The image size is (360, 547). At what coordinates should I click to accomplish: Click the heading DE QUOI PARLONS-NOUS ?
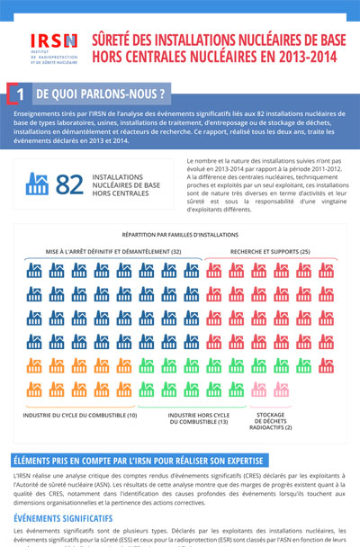click(x=100, y=93)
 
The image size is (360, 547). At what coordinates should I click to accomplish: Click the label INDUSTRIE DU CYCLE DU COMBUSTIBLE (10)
click(x=81, y=415)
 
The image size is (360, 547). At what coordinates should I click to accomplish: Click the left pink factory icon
click(x=260, y=390)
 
